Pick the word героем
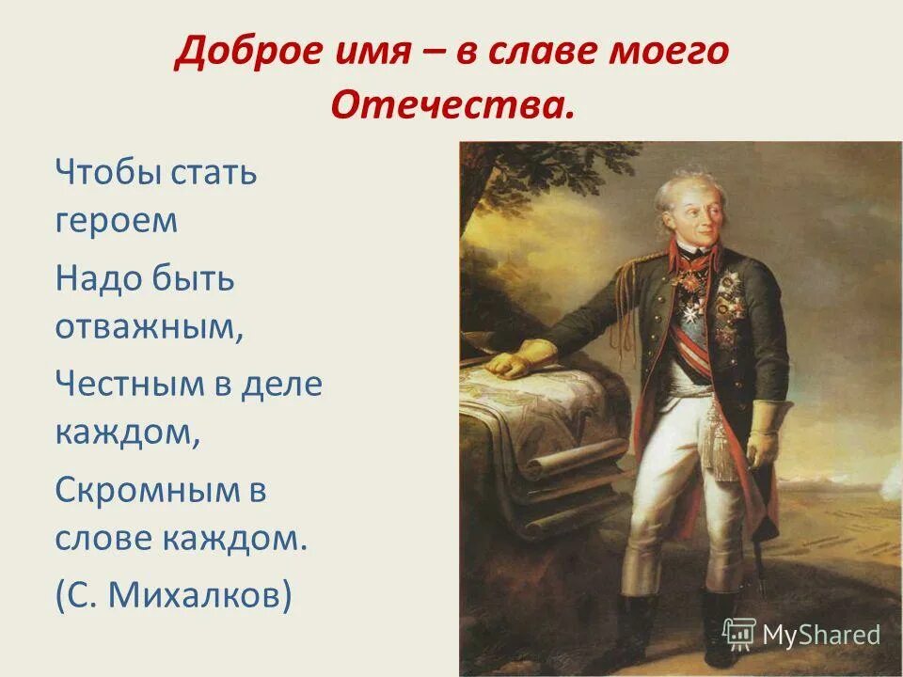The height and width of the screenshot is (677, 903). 116,222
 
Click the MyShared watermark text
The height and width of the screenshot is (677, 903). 820,635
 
